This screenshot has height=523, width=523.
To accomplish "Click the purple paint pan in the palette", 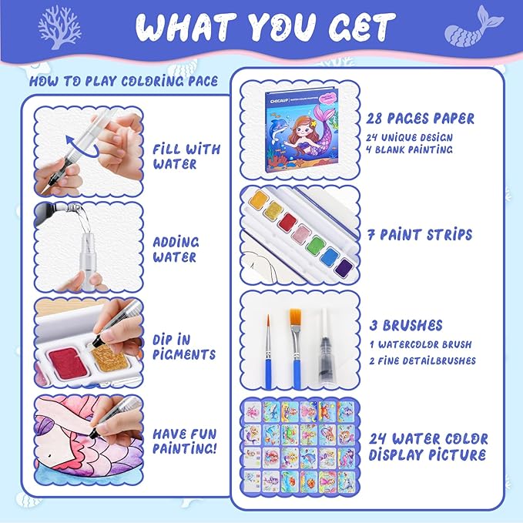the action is (x=344, y=267).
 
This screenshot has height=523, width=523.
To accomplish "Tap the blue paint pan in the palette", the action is (x=330, y=256).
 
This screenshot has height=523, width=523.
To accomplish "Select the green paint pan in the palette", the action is (x=315, y=245).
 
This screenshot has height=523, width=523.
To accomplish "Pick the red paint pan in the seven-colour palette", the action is (x=288, y=223).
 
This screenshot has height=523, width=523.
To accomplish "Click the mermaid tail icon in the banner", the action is (x=474, y=27).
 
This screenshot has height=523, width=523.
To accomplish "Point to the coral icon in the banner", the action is (x=59, y=28).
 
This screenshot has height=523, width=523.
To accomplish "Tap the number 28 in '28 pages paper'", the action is (x=374, y=119).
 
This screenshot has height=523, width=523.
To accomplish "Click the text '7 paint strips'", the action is (x=420, y=235).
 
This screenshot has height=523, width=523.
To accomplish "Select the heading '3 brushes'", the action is (x=406, y=326).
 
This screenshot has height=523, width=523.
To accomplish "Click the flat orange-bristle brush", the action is (x=297, y=349).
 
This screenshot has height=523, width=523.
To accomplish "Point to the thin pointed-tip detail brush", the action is (x=268, y=352).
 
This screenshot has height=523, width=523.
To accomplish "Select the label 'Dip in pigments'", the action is (x=184, y=347).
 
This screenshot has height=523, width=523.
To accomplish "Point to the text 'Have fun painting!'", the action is (x=185, y=441).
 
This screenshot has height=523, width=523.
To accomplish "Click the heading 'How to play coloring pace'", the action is (x=123, y=82).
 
